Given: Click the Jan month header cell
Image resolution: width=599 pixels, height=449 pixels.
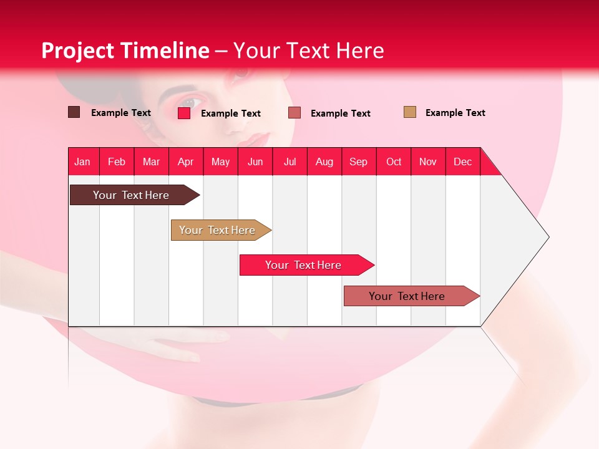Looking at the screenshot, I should pos(83,162).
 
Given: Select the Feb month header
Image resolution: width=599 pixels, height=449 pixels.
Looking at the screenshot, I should pos(117,162).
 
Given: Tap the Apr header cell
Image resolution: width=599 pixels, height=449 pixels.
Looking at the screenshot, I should pos(186,162).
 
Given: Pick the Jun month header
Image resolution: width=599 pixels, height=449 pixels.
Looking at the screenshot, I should pos(255,162).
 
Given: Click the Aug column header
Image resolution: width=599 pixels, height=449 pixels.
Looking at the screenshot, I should pos(324,162).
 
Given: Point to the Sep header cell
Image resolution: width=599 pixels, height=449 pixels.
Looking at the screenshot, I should pos(359,162).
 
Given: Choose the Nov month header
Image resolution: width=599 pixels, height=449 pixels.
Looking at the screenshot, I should pos(428,162).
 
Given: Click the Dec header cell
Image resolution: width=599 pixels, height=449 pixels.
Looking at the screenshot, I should pos(463,162).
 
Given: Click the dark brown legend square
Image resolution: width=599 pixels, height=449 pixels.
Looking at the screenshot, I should pos(74,112).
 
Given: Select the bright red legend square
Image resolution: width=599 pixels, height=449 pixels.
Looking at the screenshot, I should pos(184,113).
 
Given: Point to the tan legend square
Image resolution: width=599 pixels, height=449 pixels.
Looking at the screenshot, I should pos(409,112).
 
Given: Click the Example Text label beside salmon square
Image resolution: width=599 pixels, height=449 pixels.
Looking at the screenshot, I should pos(340,113).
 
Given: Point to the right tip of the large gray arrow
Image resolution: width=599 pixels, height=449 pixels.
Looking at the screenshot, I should pos(548,237).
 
